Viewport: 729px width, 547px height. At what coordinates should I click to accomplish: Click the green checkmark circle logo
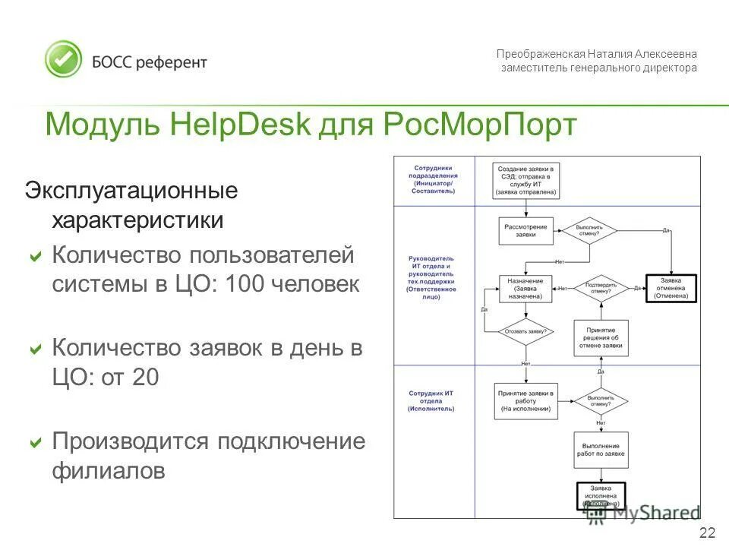[x=63, y=59]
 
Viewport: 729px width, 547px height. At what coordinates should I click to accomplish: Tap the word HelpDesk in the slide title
[x=241, y=124]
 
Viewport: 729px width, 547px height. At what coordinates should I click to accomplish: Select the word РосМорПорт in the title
[x=481, y=124]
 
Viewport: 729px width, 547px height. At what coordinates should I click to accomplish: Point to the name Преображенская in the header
[x=541, y=54]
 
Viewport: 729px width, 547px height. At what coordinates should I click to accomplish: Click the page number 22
[x=706, y=532]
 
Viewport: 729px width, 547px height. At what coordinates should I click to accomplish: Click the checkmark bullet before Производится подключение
[x=35, y=442]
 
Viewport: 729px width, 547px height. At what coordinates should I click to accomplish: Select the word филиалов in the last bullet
[x=109, y=471]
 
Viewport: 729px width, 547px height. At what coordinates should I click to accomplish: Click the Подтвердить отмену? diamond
[x=599, y=288]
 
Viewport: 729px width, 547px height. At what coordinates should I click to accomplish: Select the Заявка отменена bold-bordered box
[x=672, y=288]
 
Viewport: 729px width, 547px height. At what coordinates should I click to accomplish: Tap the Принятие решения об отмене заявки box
[x=600, y=338]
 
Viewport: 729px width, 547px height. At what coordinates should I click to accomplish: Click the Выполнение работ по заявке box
[x=600, y=450]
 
